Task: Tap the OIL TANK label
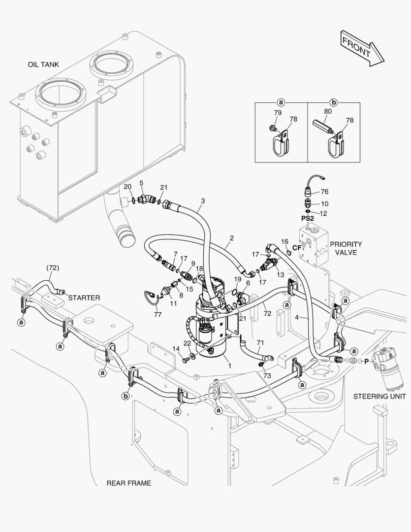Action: coord(43,65)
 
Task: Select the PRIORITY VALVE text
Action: coord(346,248)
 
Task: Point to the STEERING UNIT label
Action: coord(379,396)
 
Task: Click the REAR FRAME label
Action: coord(129,483)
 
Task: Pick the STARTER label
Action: coord(84,298)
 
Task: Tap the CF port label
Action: coord(296,247)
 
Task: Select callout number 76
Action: coord(324,192)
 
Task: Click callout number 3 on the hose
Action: coord(202,201)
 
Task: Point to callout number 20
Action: coord(127,187)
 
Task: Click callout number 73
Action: coord(266,376)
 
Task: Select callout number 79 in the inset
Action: coord(278,113)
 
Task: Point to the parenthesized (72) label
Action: coord(53,267)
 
